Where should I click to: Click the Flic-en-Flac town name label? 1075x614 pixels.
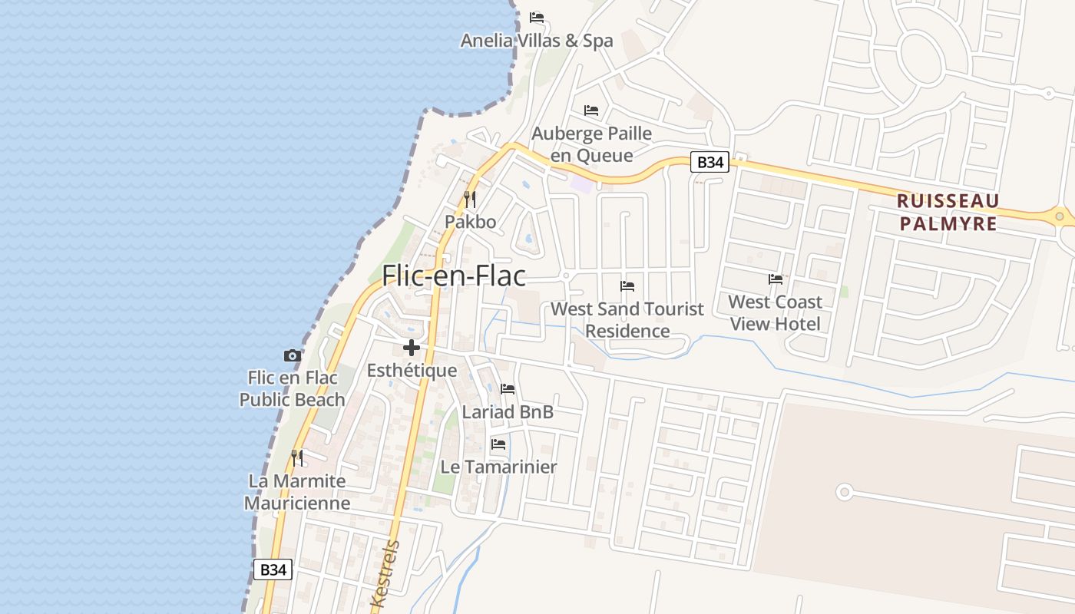click(454, 276)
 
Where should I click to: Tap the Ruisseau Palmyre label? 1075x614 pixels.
click(948, 213)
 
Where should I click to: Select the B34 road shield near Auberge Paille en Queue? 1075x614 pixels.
click(709, 163)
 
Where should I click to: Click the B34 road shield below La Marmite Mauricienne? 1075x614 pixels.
click(273, 569)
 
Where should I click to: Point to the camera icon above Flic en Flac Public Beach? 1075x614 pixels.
click(292, 355)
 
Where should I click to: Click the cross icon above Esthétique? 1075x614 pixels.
click(412, 348)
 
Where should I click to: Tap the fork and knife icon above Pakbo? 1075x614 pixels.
click(470, 200)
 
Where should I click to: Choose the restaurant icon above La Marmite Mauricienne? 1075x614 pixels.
click(297, 458)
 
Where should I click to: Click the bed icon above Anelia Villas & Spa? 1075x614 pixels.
click(537, 18)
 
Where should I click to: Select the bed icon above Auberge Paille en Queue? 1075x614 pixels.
click(591, 111)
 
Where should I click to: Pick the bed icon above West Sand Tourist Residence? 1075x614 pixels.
click(627, 286)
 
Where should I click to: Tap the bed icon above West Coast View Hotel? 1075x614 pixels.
click(776, 279)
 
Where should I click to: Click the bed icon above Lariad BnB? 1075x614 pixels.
click(508, 389)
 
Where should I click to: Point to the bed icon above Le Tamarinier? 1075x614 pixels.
click(498, 444)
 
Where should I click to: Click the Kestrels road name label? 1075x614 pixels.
click(385, 574)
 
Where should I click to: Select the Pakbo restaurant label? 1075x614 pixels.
click(470, 222)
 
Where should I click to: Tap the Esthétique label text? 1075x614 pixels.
click(412, 371)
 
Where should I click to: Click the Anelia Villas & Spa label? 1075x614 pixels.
click(537, 41)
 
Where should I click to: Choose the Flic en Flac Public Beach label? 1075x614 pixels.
click(292, 388)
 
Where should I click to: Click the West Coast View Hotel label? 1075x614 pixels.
click(775, 312)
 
